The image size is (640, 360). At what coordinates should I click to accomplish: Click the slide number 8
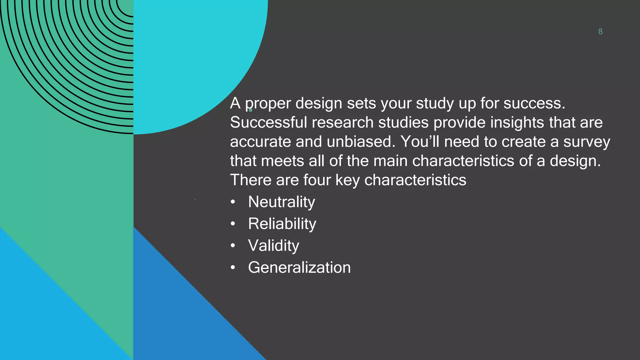[600, 32]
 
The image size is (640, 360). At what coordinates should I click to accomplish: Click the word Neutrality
[282, 202]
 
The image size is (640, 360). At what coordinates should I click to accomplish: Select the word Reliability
[282, 224]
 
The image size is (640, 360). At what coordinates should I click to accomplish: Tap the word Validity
[273, 246]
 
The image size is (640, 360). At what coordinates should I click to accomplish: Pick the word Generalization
[299, 267]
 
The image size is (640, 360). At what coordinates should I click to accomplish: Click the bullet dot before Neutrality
[233, 202]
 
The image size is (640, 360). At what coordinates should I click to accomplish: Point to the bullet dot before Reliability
[233, 224]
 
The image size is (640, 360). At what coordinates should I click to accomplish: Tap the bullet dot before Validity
[233, 246]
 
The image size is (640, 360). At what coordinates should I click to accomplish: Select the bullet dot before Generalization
[233, 268]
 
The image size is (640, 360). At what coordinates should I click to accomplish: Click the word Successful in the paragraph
[268, 122]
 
